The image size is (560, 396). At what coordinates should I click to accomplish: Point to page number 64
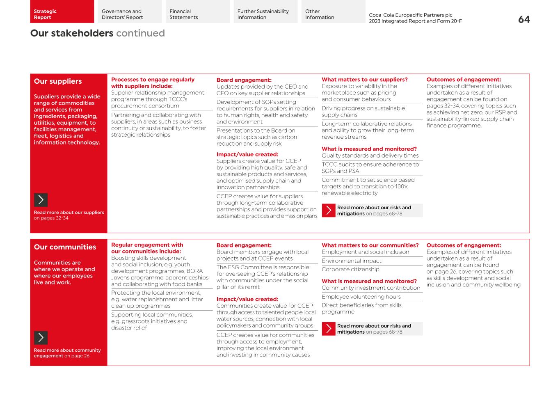click(524, 19)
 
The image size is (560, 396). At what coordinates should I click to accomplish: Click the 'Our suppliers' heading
click(58, 81)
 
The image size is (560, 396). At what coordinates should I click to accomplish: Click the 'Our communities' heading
click(65, 247)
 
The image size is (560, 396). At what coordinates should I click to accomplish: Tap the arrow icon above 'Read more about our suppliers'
click(41, 200)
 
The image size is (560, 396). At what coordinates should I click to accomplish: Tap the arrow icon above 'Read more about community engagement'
click(41, 338)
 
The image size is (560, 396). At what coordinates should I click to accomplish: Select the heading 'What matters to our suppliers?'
click(364, 80)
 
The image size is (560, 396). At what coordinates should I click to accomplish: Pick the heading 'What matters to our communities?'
click(370, 245)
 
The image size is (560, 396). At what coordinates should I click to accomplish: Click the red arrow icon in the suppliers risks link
click(329, 211)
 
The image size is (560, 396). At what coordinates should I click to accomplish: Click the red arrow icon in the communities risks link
click(329, 329)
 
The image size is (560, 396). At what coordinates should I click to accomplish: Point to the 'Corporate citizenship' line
click(350, 269)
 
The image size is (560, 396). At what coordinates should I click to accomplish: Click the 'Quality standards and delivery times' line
click(370, 156)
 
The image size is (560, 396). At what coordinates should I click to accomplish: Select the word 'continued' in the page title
click(140, 33)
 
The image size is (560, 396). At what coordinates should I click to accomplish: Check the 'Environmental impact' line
click(351, 261)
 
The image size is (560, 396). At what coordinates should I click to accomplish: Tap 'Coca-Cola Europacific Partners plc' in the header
click(410, 15)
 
